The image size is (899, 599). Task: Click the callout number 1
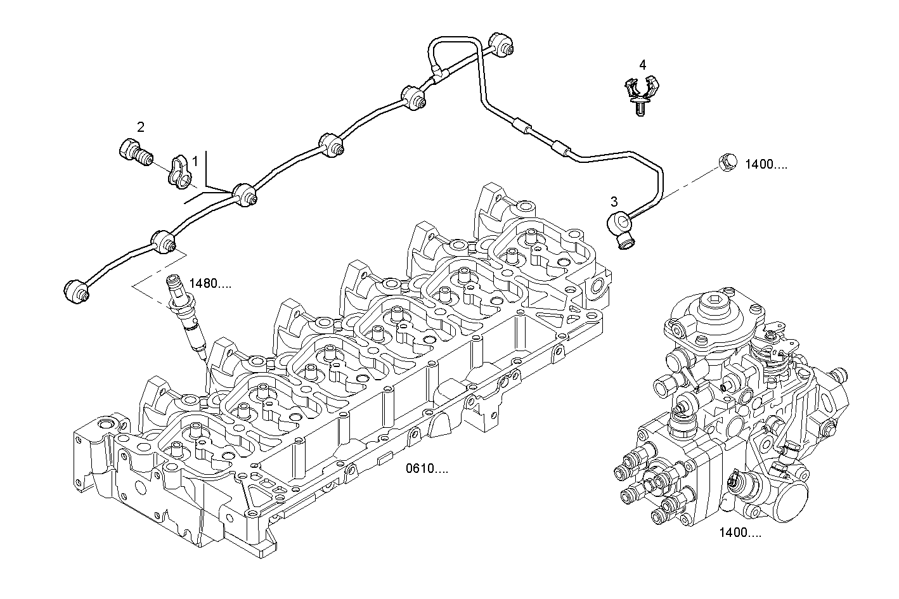pos(195,162)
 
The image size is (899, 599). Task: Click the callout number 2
pos(141,127)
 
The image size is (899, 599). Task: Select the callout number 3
pos(613,202)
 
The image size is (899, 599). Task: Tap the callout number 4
pos(642,65)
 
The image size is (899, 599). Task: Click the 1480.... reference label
pos(210,284)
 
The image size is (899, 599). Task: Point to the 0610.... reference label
pos(427,469)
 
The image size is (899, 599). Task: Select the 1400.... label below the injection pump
pos(740,532)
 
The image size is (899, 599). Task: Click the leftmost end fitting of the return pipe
pos(77,290)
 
